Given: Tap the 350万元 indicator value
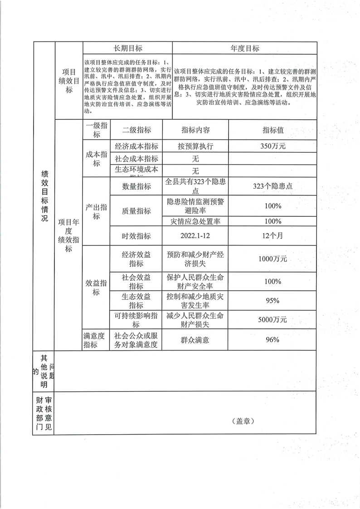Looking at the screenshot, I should [x=273, y=146].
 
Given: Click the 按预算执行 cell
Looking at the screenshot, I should [x=195, y=146].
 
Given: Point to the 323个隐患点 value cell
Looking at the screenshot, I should [x=273, y=186].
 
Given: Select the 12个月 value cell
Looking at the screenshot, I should [x=273, y=236].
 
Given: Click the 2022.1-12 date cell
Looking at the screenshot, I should [x=195, y=236].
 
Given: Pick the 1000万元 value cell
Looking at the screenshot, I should [x=273, y=259].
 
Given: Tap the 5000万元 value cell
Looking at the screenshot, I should [x=273, y=320].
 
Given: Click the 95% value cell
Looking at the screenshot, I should [x=273, y=300].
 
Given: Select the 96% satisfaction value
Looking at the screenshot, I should [x=273, y=340].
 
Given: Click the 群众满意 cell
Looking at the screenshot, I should [x=195, y=340].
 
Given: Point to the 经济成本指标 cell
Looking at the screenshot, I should [x=136, y=146].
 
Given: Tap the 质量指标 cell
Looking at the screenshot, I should [x=136, y=211].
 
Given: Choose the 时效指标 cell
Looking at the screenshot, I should [x=136, y=236].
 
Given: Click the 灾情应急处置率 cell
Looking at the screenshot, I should [x=195, y=221].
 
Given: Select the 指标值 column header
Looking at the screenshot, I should [x=273, y=130].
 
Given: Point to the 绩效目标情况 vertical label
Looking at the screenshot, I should [x=44, y=196].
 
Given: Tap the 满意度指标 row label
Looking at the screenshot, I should [x=96, y=340].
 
